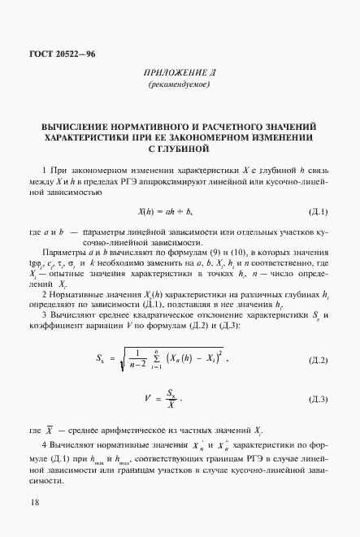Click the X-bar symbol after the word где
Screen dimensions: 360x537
(51, 428)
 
